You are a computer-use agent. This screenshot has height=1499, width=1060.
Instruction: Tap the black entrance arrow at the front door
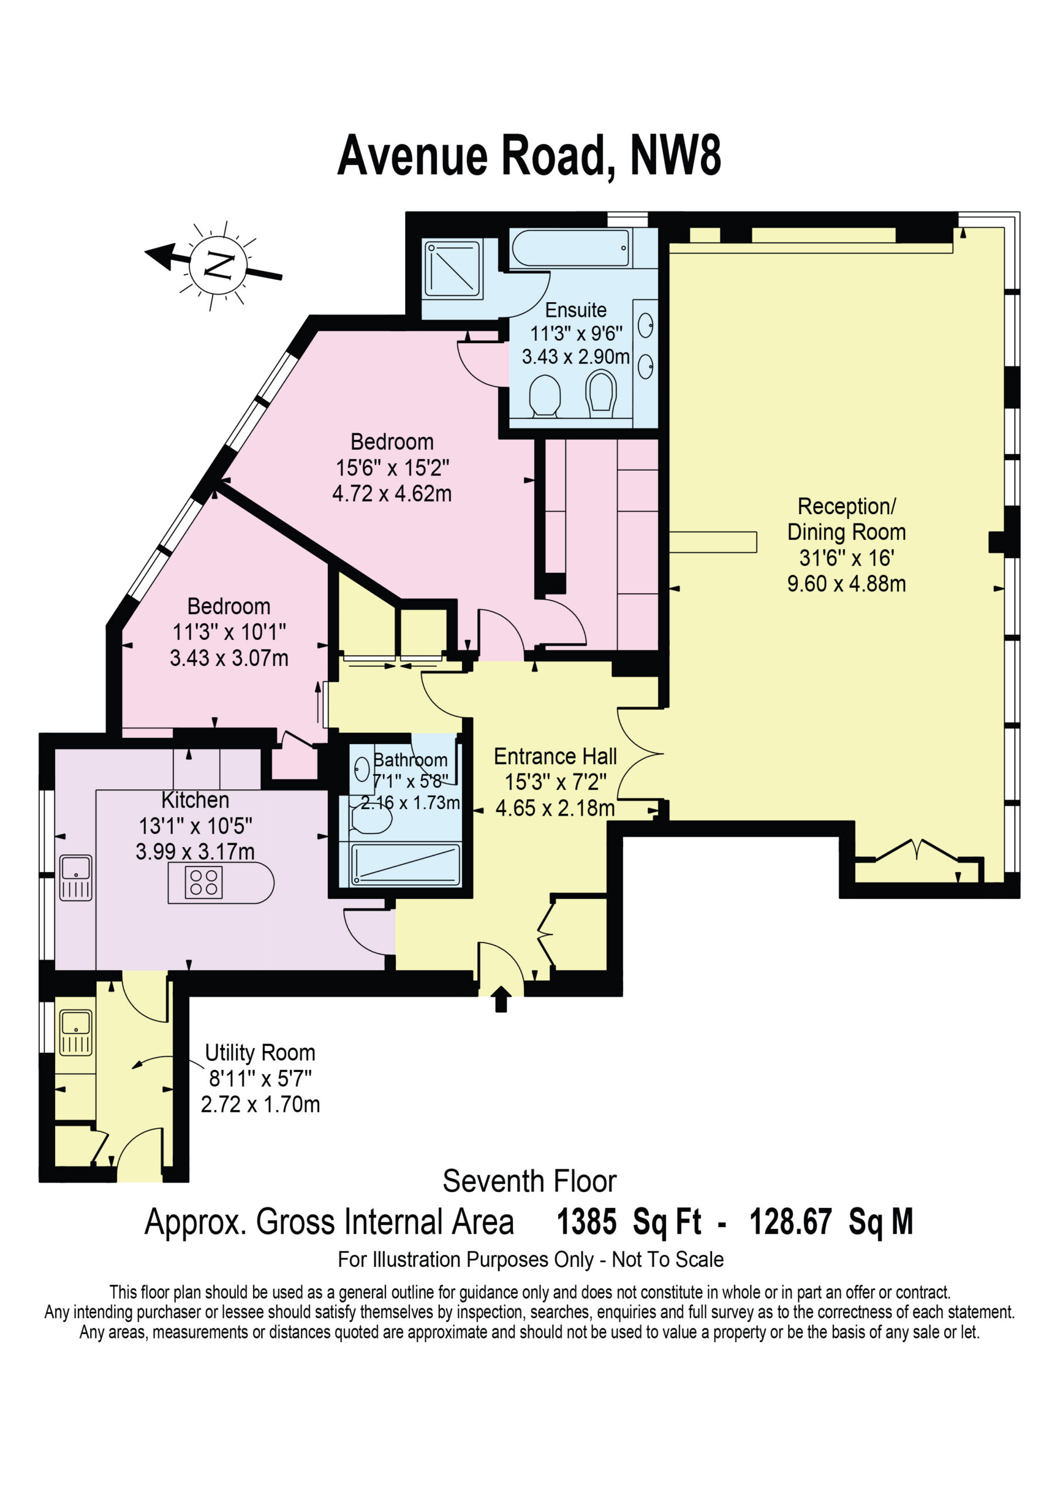point(501,999)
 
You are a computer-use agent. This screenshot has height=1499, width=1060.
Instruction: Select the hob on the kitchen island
point(203,882)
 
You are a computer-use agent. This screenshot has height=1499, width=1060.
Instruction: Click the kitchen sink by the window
point(76,878)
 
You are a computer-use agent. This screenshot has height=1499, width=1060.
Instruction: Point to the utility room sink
point(76,1033)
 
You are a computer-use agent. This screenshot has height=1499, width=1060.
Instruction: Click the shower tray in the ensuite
point(452,269)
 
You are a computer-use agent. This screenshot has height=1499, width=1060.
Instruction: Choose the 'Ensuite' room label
point(576,310)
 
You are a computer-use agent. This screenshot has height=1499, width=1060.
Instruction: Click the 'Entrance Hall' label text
point(555,756)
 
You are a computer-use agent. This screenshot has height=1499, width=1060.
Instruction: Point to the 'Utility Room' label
point(260,1053)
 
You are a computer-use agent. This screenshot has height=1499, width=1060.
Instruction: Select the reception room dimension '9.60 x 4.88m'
point(846,584)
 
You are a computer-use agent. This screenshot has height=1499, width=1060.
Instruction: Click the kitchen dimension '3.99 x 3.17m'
point(195,852)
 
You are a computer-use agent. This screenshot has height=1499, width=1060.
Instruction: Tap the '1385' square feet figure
point(586,1222)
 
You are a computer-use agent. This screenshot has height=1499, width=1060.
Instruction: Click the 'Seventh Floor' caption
point(529,1181)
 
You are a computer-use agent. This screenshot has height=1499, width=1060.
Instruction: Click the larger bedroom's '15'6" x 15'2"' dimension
point(392,468)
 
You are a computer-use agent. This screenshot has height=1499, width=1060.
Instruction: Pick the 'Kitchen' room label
point(195,800)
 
